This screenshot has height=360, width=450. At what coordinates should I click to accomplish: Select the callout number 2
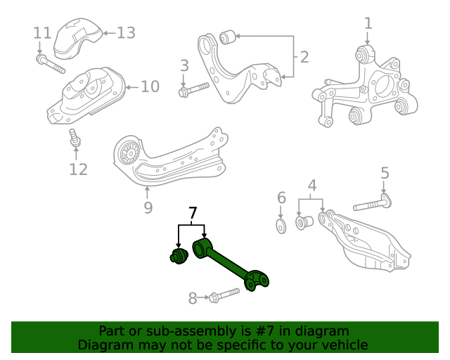[x=304, y=57]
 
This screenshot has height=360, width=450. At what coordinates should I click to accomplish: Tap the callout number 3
[x=184, y=66]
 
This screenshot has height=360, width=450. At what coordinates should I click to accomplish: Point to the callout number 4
[x=311, y=186]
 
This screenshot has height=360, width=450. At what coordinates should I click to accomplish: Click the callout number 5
[x=385, y=172]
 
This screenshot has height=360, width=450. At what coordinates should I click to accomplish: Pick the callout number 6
[x=281, y=198]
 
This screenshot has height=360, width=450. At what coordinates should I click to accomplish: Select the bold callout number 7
[x=191, y=212]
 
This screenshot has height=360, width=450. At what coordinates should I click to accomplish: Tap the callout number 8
[x=193, y=298]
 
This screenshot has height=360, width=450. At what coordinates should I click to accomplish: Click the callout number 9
[x=148, y=207]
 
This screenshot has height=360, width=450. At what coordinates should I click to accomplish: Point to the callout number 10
[x=150, y=86]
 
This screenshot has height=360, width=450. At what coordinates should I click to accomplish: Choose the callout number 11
[x=42, y=33]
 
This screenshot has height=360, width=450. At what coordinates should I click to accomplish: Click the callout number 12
[x=78, y=169]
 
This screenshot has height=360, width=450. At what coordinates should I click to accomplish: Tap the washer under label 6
[x=281, y=225]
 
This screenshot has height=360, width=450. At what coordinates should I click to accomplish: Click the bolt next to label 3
[x=194, y=89]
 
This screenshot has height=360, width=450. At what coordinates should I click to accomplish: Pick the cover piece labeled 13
[x=75, y=41]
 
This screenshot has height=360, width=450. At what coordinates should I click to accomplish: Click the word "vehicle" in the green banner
[x=344, y=345]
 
